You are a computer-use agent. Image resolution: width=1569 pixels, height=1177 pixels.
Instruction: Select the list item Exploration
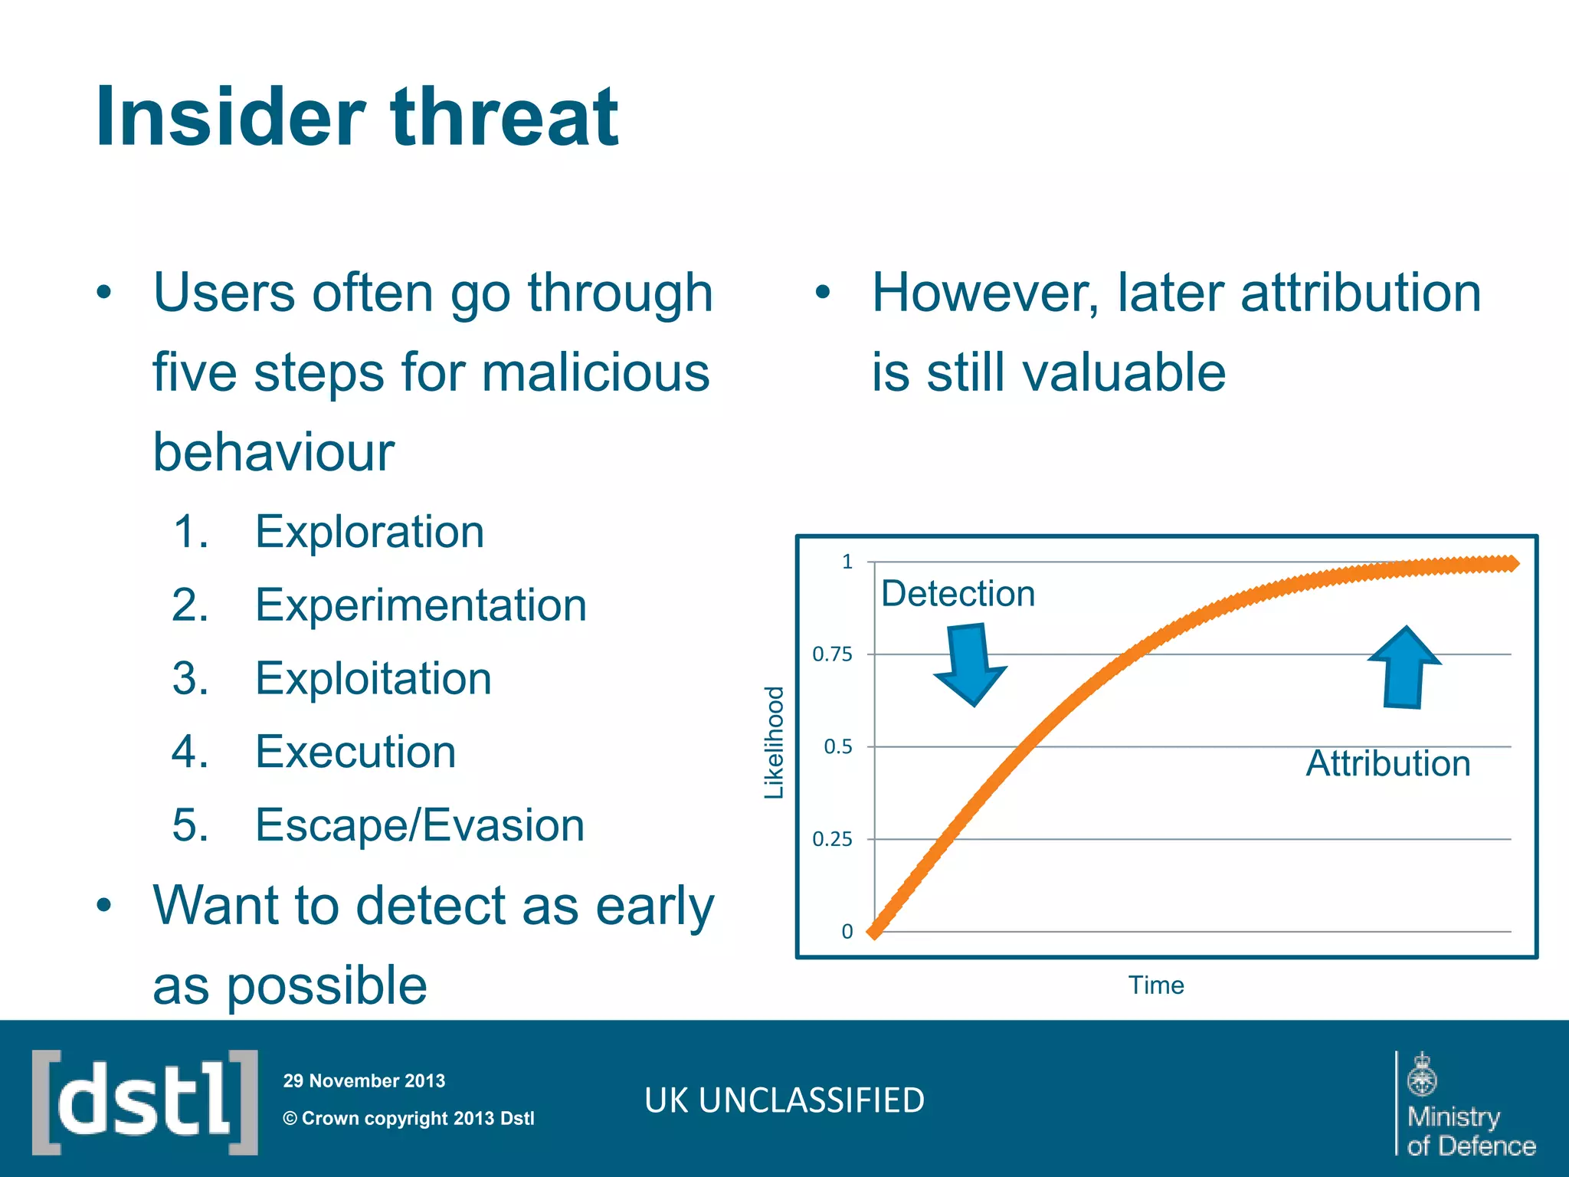[369, 532]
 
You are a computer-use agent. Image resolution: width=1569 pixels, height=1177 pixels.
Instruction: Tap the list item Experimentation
[421, 605]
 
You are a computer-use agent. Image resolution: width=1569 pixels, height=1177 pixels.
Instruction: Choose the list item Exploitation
[373, 679]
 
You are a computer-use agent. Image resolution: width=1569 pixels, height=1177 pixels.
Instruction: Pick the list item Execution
[355, 752]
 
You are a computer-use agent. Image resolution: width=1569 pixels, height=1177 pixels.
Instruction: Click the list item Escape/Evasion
[419, 825]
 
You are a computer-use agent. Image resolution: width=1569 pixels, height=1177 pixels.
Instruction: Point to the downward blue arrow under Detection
[969, 664]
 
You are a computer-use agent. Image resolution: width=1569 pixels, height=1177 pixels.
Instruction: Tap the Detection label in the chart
[958, 594]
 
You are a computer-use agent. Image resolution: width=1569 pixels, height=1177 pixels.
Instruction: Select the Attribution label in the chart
[1387, 764]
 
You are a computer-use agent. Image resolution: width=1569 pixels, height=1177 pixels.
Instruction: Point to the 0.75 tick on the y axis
[832, 654]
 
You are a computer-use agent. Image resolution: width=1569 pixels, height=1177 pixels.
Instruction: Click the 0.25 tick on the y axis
[832, 840]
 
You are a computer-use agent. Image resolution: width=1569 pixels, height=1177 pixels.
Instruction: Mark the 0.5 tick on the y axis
[837, 747]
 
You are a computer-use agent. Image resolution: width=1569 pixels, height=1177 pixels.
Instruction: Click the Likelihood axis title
[775, 743]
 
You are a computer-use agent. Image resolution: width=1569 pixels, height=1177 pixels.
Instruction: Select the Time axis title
[1155, 985]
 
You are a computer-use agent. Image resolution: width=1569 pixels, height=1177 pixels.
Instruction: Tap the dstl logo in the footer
[145, 1102]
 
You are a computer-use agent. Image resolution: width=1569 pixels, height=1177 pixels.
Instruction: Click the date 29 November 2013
[364, 1081]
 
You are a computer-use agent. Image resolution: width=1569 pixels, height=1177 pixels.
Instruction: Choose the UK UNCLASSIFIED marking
[784, 1100]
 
